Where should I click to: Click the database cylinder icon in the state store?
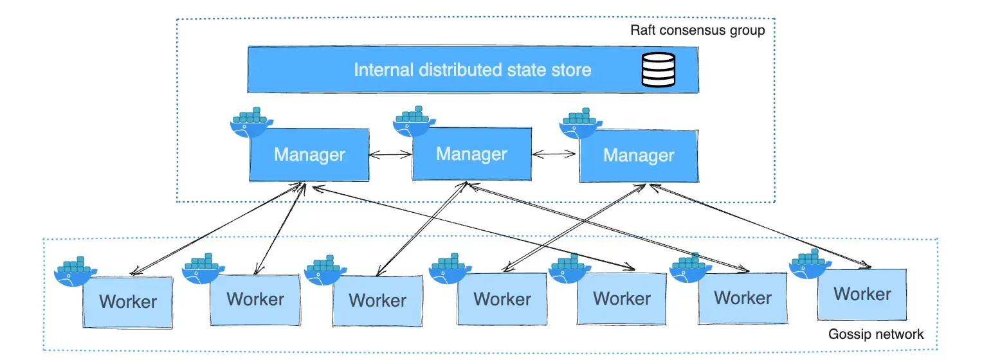click(x=659, y=69)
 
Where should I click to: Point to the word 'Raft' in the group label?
click(x=644, y=30)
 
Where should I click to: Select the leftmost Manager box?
click(x=309, y=156)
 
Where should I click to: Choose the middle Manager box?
click(x=471, y=155)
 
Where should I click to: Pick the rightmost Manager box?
click(x=638, y=156)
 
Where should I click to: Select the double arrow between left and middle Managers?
click(x=390, y=154)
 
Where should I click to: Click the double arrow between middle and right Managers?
click(x=554, y=154)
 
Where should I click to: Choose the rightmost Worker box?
click(x=862, y=294)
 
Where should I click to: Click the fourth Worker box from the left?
click(x=502, y=300)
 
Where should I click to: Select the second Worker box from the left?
click(x=255, y=300)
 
